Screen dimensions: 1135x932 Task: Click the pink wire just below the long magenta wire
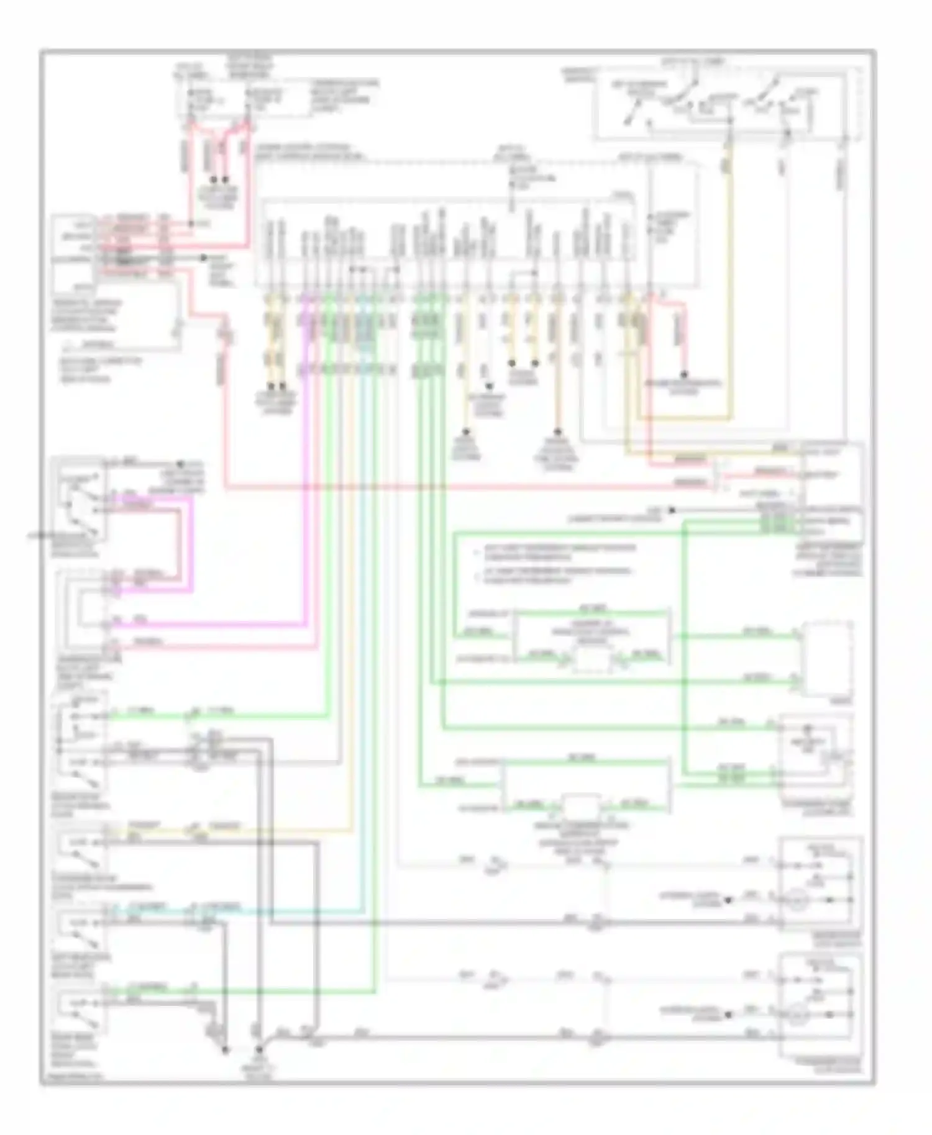click(x=211, y=648)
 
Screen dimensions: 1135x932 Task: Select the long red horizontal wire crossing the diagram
click(x=466, y=487)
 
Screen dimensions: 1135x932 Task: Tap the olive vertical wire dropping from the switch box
click(x=729, y=279)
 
